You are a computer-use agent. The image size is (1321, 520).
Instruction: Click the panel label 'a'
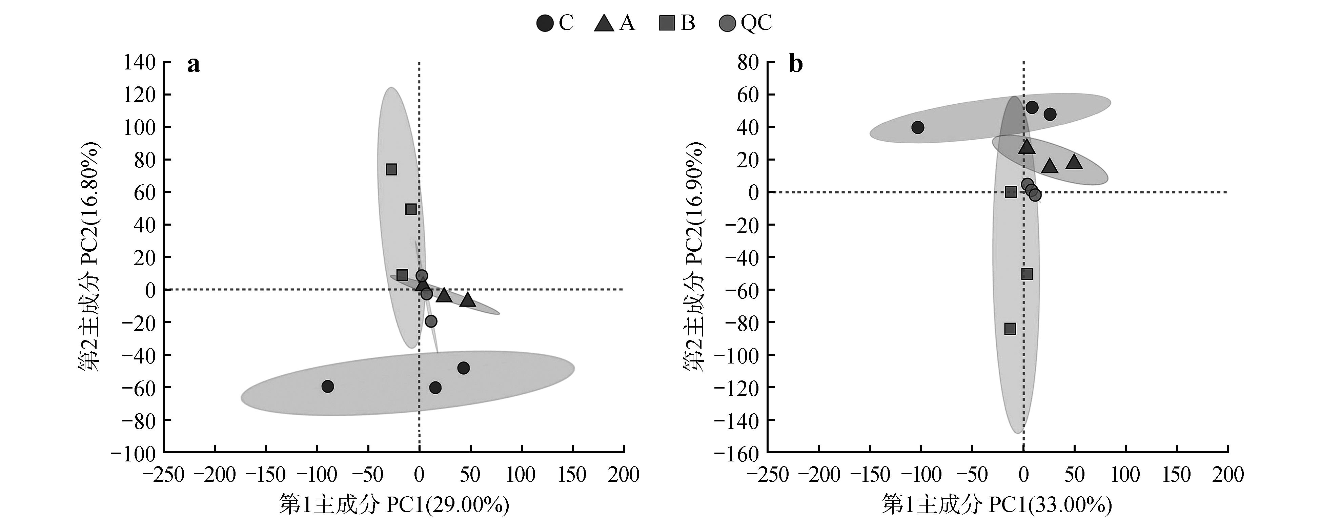click(193, 65)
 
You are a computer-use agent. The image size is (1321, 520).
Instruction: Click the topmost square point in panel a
click(391, 170)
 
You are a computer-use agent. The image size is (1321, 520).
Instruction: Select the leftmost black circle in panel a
click(328, 386)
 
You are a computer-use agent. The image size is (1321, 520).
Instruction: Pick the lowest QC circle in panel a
click(431, 321)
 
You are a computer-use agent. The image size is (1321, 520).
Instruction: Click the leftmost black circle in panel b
click(918, 127)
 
